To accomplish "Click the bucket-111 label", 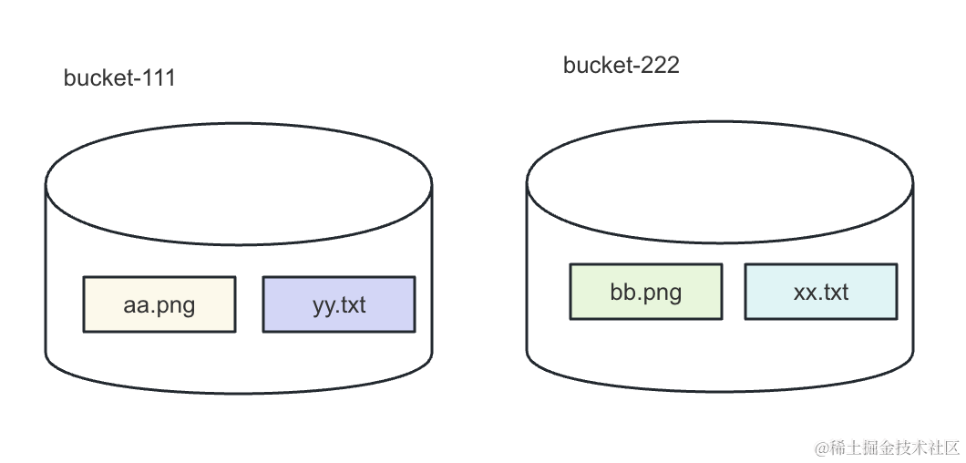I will [x=119, y=78].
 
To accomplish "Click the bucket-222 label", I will [x=621, y=66].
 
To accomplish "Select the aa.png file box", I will [x=159, y=304].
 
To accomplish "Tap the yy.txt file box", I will [x=339, y=304].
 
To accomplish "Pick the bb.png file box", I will [x=646, y=292].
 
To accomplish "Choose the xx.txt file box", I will [x=821, y=292].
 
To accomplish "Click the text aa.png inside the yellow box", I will [x=159, y=305].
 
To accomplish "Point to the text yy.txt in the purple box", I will [x=339, y=305].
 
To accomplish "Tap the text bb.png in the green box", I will [x=646, y=293].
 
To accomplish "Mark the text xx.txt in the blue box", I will [x=821, y=293].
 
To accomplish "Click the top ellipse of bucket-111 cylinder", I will [x=239, y=182].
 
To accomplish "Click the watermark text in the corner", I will [x=888, y=448].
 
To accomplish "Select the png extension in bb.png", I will [x=663, y=294].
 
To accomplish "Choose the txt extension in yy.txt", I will [x=353, y=305].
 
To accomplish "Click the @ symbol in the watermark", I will [x=820, y=448].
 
